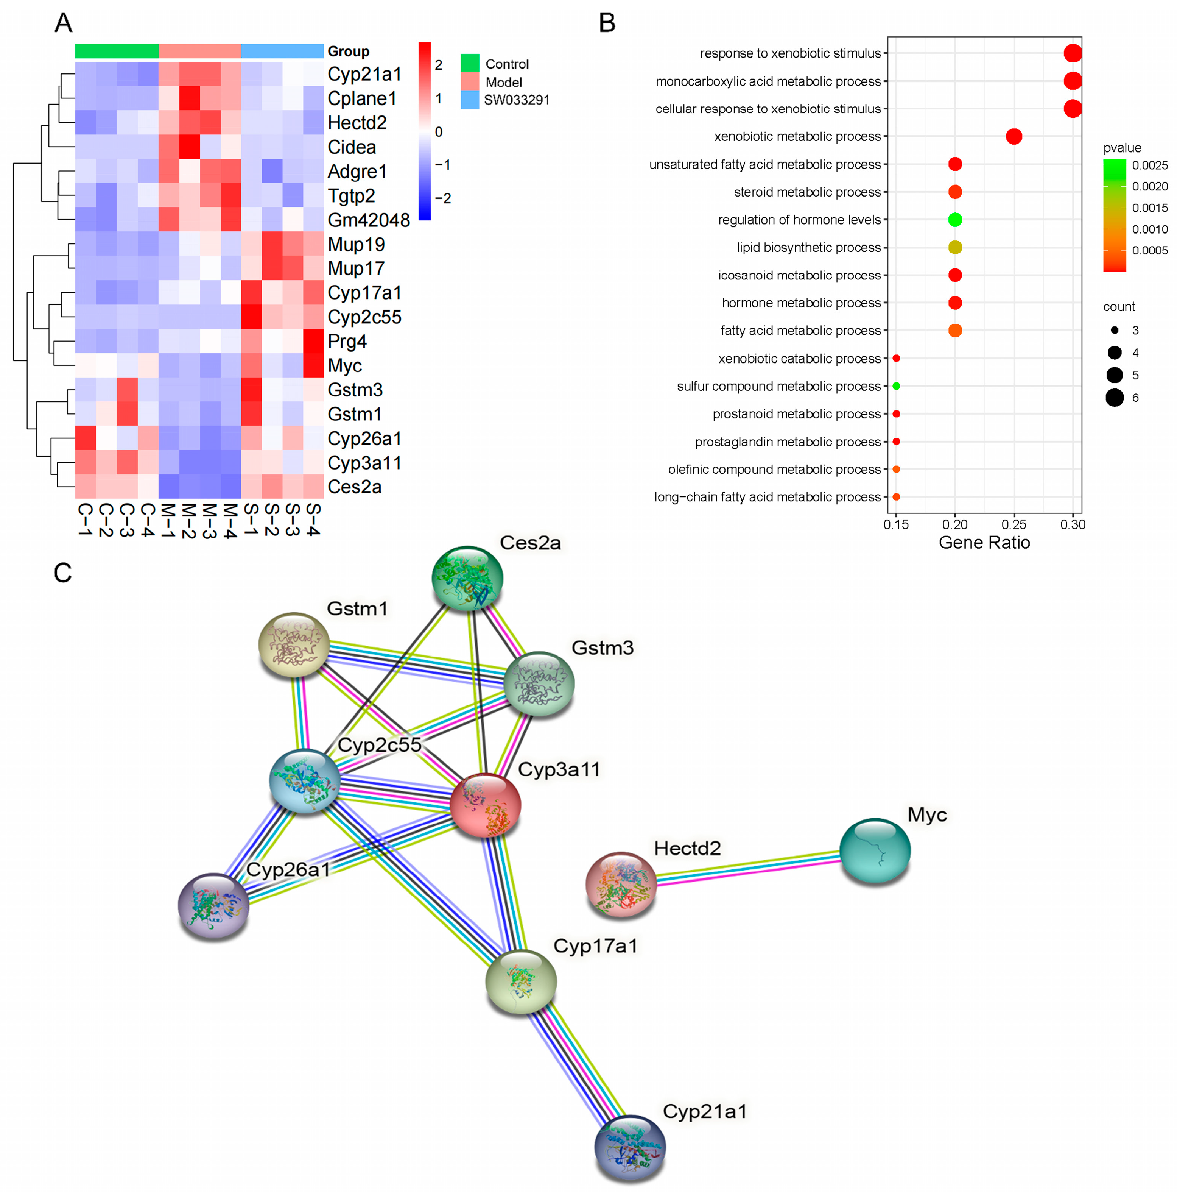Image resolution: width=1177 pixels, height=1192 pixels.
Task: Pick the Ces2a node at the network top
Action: coord(467,577)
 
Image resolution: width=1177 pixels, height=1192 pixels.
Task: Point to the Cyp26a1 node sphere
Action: coord(213,905)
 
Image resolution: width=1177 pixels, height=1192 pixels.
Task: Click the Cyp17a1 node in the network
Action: coord(520,981)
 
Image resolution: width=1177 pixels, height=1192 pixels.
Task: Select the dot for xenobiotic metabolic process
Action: coord(1014,136)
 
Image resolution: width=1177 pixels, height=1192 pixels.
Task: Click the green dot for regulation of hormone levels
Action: coord(954,220)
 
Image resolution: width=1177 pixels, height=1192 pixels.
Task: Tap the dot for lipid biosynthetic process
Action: coord(954,247)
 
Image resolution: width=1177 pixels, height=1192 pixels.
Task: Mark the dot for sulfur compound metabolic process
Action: coord(896,386)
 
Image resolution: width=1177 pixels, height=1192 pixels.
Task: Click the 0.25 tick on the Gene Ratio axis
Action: coord(1014,524)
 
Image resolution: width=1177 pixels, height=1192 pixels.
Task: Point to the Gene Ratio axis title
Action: coord(984,542)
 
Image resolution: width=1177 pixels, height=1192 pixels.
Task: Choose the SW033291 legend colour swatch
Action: coord(469,100)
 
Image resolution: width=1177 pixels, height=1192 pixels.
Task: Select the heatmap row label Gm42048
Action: coord(368,220)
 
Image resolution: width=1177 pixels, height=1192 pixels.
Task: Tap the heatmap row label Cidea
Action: coord(352,147)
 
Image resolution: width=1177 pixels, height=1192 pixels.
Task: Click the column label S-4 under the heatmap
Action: coord(313,520)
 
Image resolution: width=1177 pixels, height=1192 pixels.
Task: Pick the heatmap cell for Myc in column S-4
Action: coord(313,365)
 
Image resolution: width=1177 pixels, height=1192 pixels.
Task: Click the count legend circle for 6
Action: coord(1114,398)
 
